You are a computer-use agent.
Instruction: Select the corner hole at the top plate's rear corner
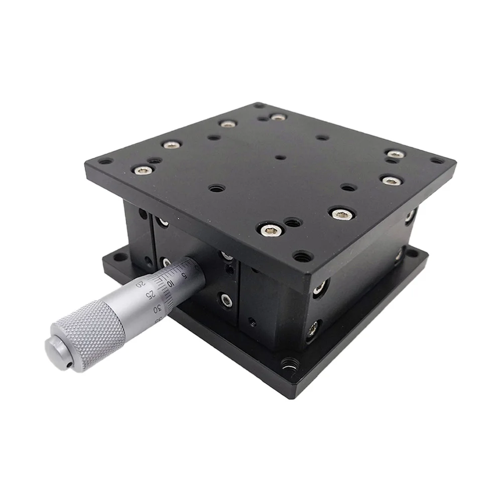(x=259, y=106)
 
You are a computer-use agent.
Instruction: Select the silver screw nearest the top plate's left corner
(x=139, y=170)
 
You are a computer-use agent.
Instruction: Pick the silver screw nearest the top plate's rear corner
(x=277, y=117)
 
